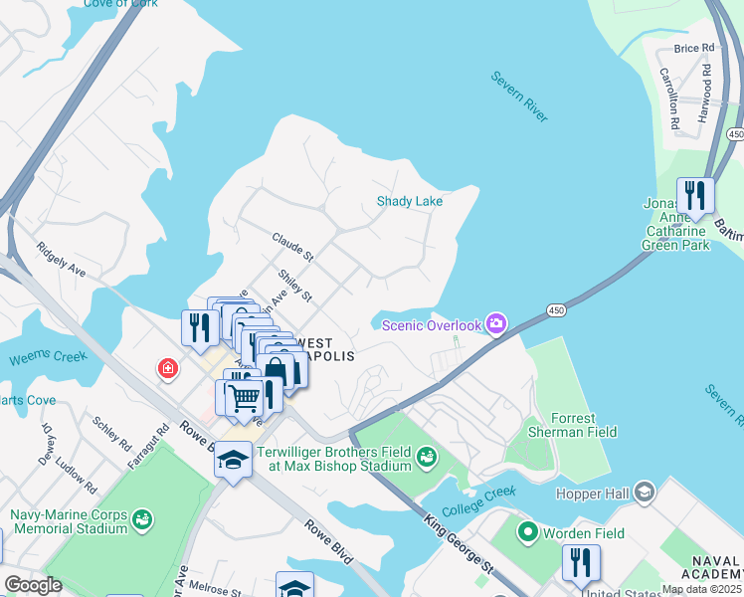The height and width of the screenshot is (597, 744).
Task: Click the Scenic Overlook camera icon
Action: (495, 324)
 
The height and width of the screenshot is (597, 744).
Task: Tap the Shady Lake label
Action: (409, 201)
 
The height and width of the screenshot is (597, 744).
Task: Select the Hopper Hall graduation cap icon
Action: (645, 493)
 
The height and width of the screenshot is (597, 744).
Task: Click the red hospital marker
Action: (167, 369)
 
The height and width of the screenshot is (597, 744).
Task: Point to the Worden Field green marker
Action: (527, 533)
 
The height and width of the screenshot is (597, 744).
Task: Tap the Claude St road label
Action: (292, 247)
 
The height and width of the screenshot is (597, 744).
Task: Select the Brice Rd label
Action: (693, 48)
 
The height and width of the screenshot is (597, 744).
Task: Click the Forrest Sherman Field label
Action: (570, 425)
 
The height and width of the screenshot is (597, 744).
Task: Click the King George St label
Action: (459, 551)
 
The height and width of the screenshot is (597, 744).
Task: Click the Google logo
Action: (33, 584)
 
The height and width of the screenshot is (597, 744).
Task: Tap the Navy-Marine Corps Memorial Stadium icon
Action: (143, 519)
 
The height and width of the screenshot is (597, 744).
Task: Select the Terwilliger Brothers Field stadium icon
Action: (427, 457)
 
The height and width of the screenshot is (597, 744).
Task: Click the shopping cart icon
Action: (243, 396)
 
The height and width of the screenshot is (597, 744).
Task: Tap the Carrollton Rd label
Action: (669, 99)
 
